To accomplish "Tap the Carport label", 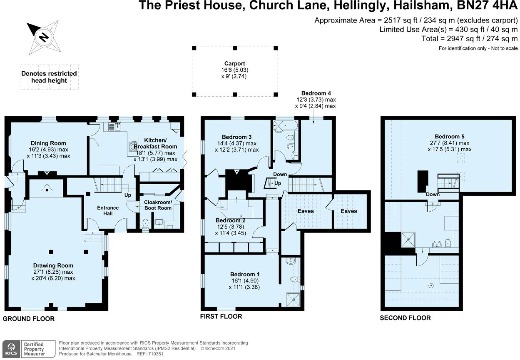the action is pos(235,64).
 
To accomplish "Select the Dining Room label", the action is pos(48,143).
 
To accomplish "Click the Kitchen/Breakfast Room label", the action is pos(160,143).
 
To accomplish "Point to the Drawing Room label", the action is pos(53,265).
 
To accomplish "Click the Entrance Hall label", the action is pos(108,210).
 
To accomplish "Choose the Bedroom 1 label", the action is pos(245,274).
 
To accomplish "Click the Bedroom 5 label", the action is pos(449,136).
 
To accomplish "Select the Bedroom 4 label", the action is pos(316,93).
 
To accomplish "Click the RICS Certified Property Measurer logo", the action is pos(29,348).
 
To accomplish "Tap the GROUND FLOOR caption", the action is pos(29,319).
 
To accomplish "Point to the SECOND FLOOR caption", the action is pos(405,318).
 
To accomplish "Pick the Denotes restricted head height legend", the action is pos(49,77).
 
